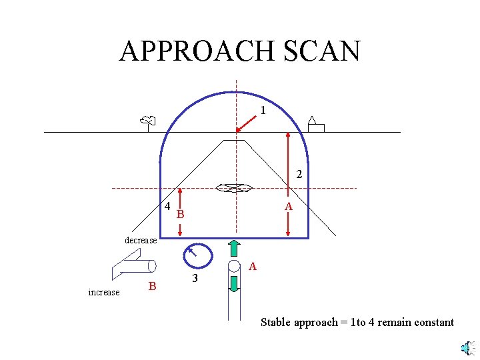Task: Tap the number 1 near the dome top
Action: click(263, 111)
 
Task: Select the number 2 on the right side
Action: click(299, 175)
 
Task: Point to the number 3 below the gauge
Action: click(195, 278)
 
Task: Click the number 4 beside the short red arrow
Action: click(168, 206)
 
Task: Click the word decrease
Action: click(141, 240)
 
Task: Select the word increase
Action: click(104, 292)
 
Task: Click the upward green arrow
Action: click(234, 248)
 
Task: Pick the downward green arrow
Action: click(234, 283)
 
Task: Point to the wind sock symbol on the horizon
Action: click(147, 121)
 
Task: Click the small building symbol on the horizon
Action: click(315, 125)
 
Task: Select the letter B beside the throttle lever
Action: click(153, 287)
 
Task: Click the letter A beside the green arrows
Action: click(253, 267)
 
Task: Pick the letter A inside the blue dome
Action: click(288, 207)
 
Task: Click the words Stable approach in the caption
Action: click(299, 323)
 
